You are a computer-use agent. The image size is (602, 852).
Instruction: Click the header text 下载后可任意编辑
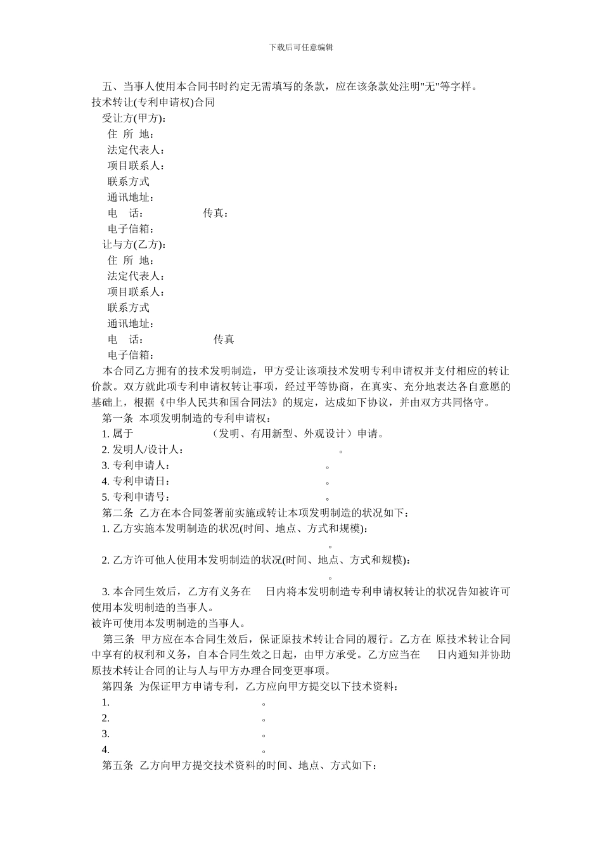tap(301, 47)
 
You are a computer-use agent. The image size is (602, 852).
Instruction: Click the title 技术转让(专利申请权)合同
tap(153, 103)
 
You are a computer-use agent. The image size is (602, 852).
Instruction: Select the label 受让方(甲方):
tap(135, 119)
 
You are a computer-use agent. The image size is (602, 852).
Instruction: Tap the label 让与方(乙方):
tap(135, 245)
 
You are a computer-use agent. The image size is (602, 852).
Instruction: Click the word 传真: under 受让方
tap(216, 213)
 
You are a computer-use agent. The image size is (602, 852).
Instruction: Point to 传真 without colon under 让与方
tap(224, 339)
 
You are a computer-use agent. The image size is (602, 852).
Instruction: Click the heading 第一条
tap(118, 418)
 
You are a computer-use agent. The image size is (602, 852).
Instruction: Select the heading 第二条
tap(118, 513)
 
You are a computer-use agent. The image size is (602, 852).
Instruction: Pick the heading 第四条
tap(118, 687)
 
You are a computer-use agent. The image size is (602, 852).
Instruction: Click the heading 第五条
tap(118, 766)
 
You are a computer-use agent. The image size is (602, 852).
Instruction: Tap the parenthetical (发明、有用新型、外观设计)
tap(283, 434)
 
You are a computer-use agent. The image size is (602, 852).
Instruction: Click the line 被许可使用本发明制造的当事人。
tap(169, 623)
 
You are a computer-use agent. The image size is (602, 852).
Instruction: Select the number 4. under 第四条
tap(106, 750)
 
